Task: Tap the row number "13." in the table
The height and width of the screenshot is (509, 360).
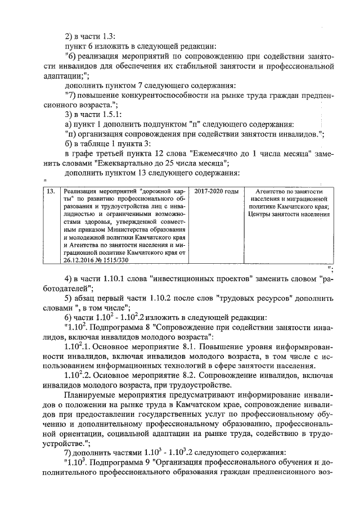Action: (51, 192)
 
